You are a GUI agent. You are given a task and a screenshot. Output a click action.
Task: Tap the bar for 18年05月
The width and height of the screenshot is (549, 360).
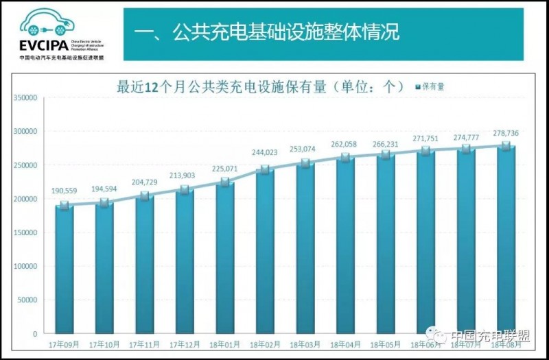(x=385, y=244)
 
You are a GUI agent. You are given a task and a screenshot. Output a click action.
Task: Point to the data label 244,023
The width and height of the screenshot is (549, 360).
(x=265, y=152)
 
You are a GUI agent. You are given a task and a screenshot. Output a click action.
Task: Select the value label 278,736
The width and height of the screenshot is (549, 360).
(x=506, y=132)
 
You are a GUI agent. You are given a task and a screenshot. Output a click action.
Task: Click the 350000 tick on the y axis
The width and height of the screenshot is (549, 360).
(x=25, y=97)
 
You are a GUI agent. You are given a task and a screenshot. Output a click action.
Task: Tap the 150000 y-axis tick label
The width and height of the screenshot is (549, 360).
(x=25, y=232)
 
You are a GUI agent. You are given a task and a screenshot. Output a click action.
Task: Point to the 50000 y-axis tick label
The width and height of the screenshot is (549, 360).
(x=27, y=300)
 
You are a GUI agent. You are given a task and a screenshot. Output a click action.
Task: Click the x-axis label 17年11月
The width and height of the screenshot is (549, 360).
(x=144, y=344)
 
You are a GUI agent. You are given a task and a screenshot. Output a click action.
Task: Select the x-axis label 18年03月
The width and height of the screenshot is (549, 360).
(x=305, y=344)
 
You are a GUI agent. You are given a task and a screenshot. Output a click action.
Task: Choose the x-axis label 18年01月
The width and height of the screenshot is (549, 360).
(x=224, y=344)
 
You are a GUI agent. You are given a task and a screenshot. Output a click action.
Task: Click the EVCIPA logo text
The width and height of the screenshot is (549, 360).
(x=43, y=47)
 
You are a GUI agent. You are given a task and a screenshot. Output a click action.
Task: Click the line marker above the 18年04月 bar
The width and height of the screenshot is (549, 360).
(x=345, y=157)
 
